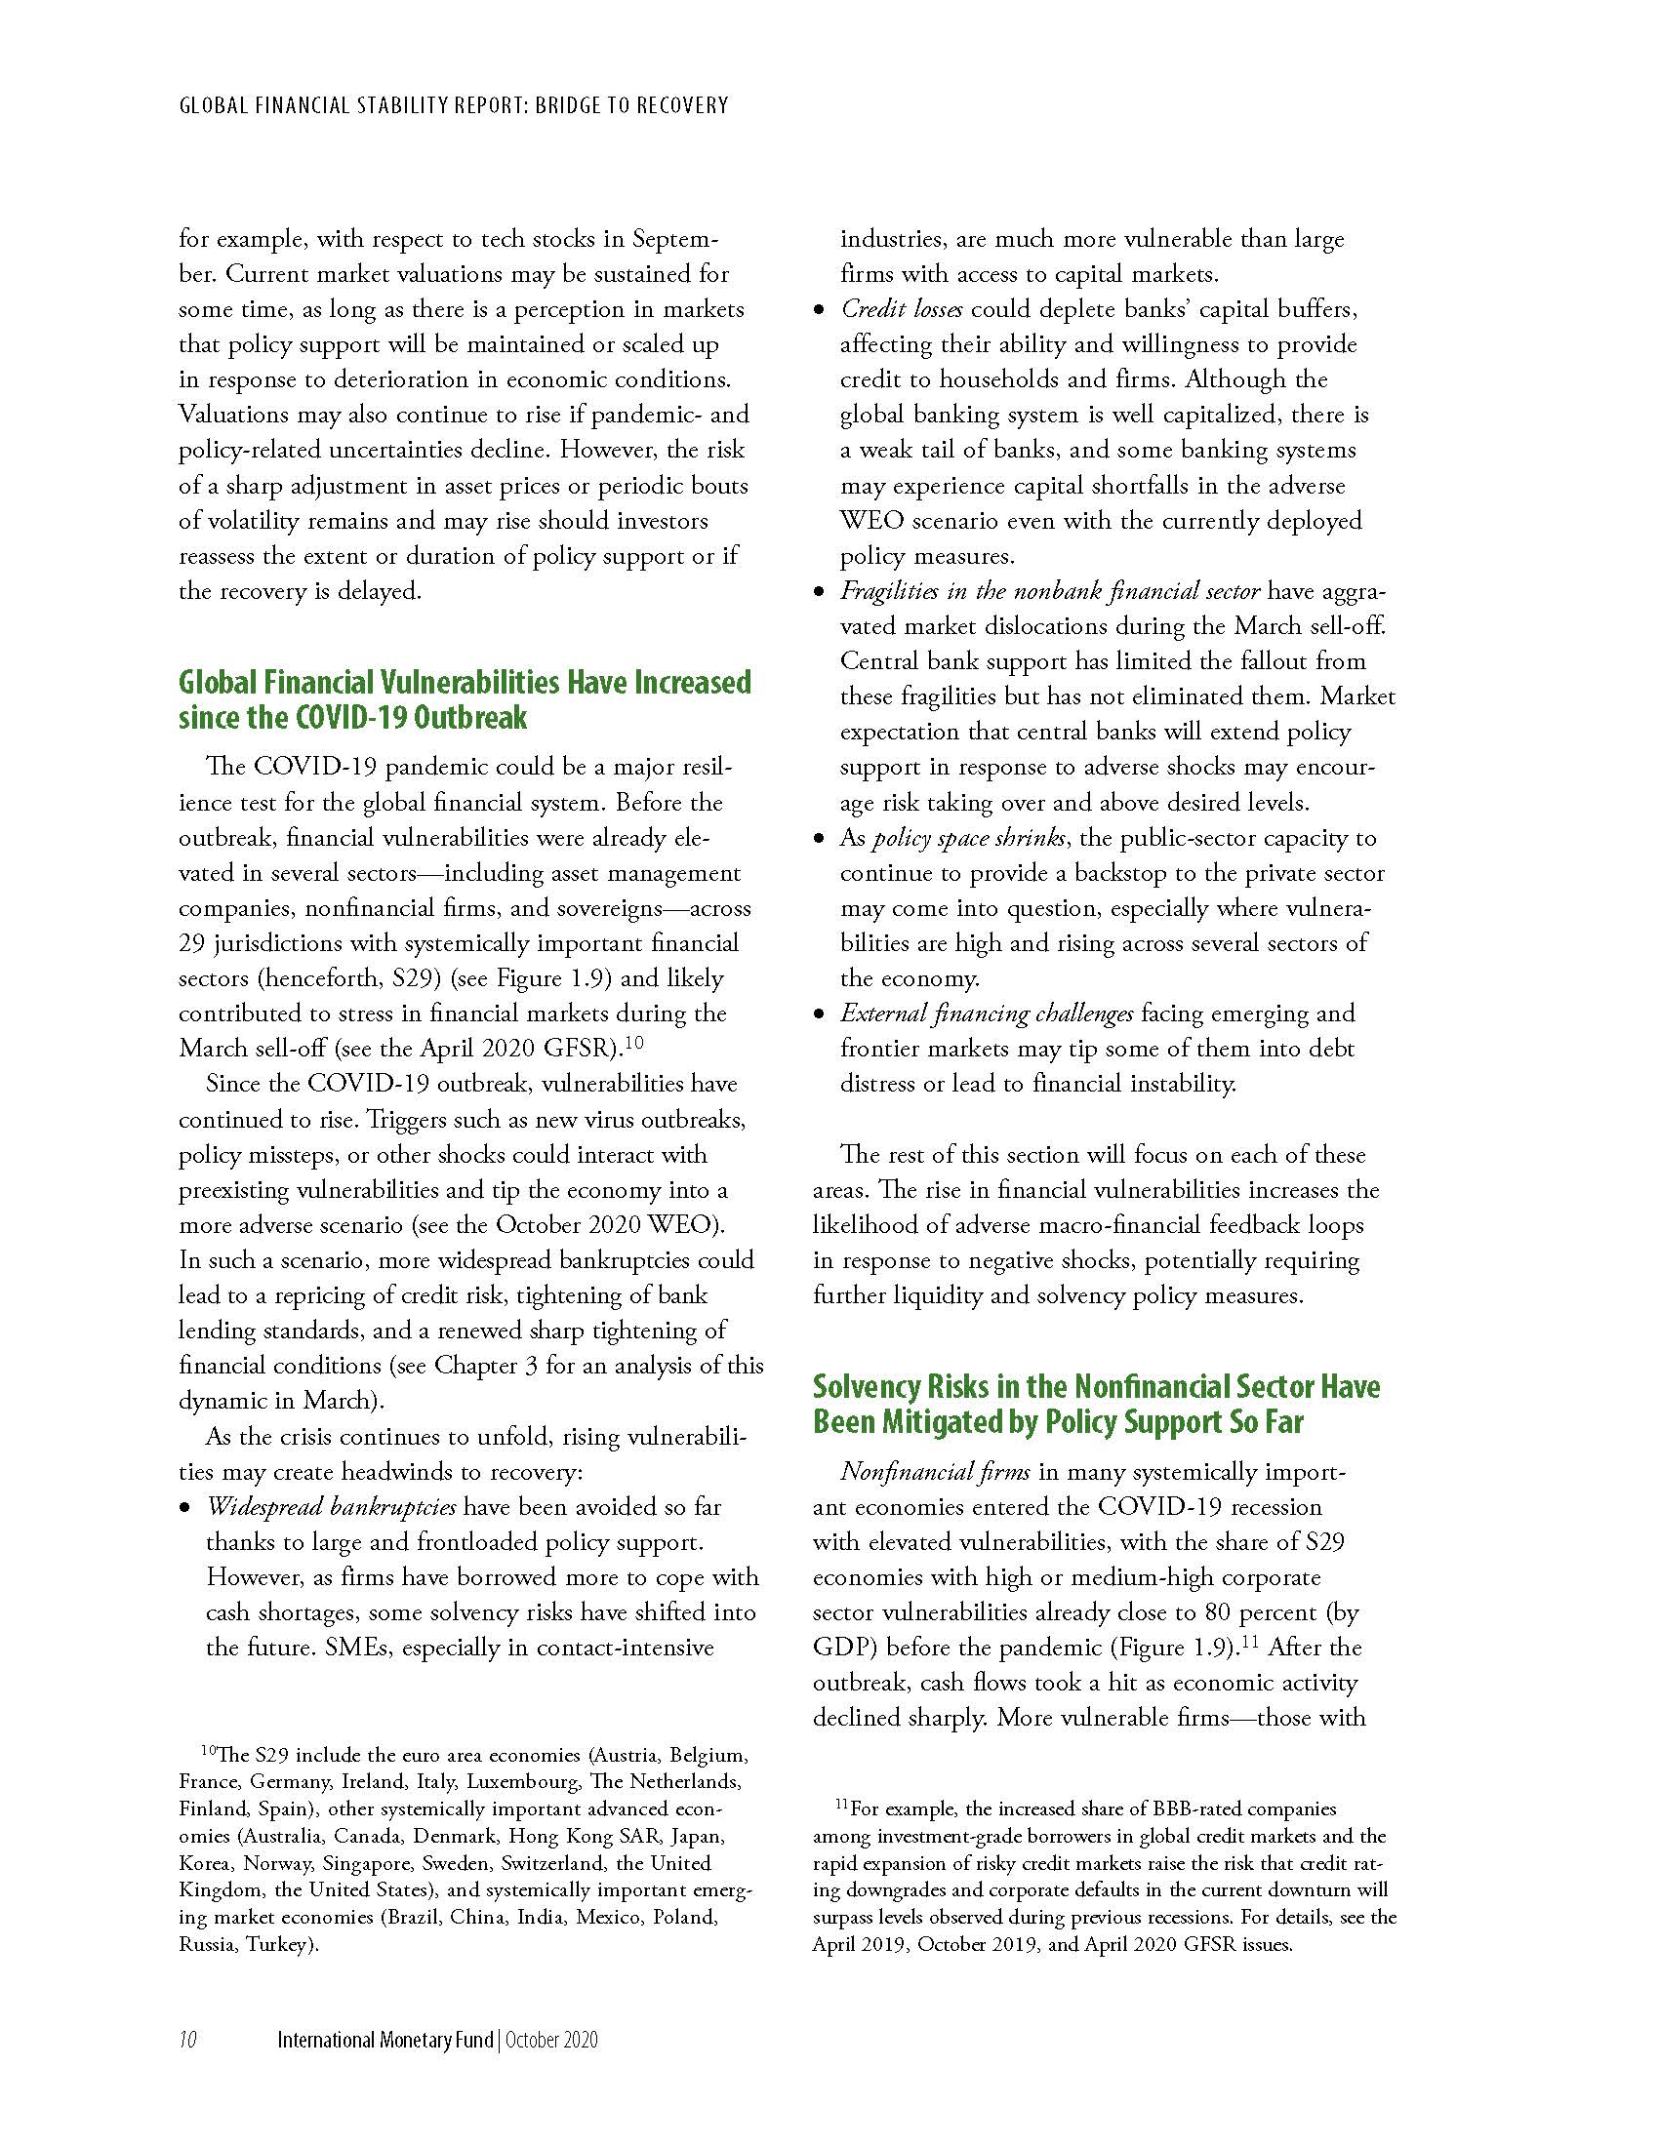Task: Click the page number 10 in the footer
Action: (x=187, y=2040)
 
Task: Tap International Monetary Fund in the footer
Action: (x=385, y=2040)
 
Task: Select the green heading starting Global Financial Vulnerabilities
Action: (x=464, y=699)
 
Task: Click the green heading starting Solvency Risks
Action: (x=1096, y=1404)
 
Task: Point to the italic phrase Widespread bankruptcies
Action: (x=331, y=1506)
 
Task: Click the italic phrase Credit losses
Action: (x=902, y=308)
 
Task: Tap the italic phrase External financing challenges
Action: (x=986, y=1013)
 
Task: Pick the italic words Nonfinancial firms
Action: (x=935, y=1472)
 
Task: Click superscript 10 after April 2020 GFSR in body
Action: (x=634, y=1042)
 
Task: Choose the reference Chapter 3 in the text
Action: (x=486, y=1366)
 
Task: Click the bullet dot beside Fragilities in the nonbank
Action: (x=819, y=592)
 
